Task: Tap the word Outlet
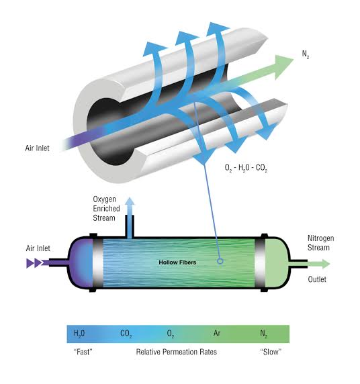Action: pyautogui.click(x=317, y=279)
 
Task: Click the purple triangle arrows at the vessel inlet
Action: pyautogui.click(x=36, y=264)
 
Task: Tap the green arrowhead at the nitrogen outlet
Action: pyautogui.click(x=325, y=264)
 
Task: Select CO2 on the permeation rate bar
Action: pyautogui.click(x=126, y=333)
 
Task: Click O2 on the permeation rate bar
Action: pyautogui.click(x=171, y=333)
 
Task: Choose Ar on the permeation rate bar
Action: pyautogui.click(x=217, y=333)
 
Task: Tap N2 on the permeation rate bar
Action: pyautogui.click(x=264, y=333)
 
